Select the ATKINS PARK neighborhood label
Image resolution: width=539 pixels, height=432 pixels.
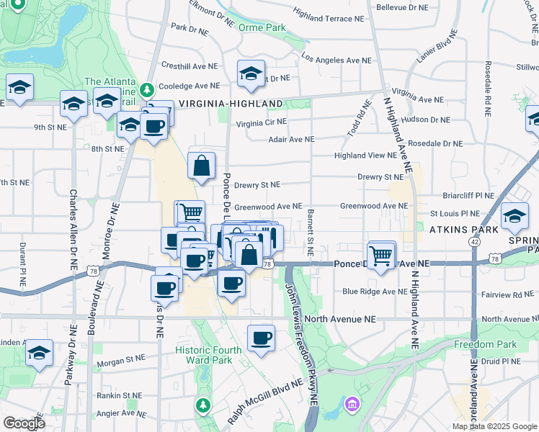point(463,230)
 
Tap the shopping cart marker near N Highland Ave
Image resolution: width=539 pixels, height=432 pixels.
point(380,254)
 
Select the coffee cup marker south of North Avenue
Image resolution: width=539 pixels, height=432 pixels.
point(261,338)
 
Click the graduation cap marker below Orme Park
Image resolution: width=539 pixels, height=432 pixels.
point(251,73)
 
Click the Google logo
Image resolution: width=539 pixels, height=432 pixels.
point(24,423)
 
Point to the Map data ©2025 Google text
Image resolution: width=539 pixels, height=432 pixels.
point(494,426)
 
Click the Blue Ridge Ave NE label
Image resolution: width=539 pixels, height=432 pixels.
point(375,292)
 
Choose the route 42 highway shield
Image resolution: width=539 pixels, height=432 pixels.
point(474,242)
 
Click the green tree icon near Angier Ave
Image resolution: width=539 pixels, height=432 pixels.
point(204,405)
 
